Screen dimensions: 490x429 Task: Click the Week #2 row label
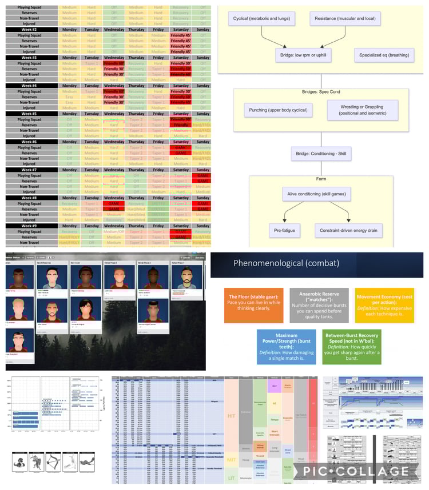pos(29,29)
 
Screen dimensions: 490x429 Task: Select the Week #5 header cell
pos(29,114)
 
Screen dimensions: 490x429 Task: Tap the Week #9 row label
pos(29,226)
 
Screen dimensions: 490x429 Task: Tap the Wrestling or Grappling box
pos(363,110)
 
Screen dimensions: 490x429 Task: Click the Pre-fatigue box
pos(284,231)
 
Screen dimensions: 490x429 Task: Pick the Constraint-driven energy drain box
pos(348,231)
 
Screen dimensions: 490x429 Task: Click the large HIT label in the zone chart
pos(232,416)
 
